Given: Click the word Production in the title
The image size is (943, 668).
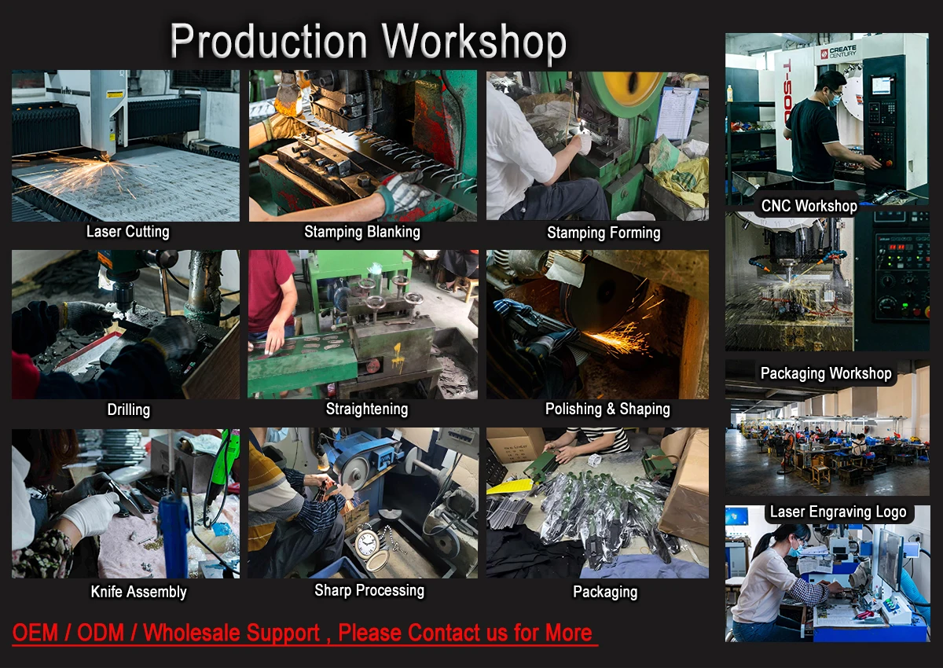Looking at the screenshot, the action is (x=269, y=41).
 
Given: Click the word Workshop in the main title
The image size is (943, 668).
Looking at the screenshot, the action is (x=475, y=42).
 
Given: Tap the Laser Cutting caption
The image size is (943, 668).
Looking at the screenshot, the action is (x=128, y=232).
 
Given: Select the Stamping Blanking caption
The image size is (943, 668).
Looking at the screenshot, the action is (x=362, y=232).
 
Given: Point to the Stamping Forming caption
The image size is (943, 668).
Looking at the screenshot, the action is (x=604, y=233).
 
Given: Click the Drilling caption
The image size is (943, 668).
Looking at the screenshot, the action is (x=128, y=409).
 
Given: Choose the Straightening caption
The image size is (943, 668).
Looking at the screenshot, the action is (x=367, y=409).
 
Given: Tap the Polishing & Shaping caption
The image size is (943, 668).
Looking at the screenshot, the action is (x=607, y=409).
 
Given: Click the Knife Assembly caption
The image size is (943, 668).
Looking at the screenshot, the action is (x=138, y=592).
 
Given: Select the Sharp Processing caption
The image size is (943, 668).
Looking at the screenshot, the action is (x=369, y=590).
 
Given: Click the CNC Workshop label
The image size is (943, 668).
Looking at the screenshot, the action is (x=809, y=206).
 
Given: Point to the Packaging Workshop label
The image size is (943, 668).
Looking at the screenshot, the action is (x=826, y=373).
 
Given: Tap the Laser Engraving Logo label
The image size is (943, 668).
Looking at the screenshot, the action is (x=838, y=512).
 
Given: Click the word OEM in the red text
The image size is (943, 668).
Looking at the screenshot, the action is (x=35, y=633).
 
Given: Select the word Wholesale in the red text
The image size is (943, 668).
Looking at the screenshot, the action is (x=232, y=633).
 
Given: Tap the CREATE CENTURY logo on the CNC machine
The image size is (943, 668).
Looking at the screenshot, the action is (x=838, y=52).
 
